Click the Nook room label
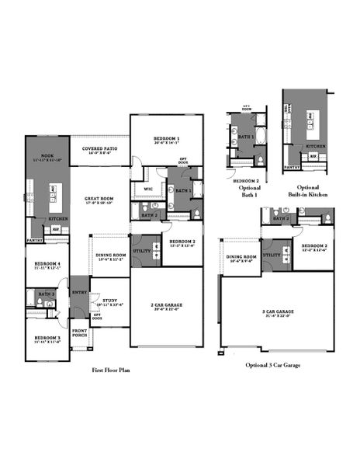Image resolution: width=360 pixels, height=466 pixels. click(x=41, y=155)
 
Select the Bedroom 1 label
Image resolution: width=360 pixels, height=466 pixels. click(x=166, y=139)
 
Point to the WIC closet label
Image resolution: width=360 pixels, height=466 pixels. click(x=147, y=189)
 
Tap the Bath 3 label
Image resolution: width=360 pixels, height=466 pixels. click(x=47, y=294)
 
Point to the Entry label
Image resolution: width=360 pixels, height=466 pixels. click(x=79, y=292)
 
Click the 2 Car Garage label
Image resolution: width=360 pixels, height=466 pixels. click(x=165, y=307)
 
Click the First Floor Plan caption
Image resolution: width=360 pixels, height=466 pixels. click(x=111, y=371)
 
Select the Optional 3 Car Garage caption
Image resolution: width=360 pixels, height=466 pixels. click(x=273, y=364)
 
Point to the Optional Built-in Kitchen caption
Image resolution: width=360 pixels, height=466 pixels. click(x=308, y=191)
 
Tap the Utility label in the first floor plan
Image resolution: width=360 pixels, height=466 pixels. click(x=141, y=250)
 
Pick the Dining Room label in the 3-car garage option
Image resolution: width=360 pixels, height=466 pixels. click(x=241, y=258)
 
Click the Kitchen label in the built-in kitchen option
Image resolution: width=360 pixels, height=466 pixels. click(x=314, y=146)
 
